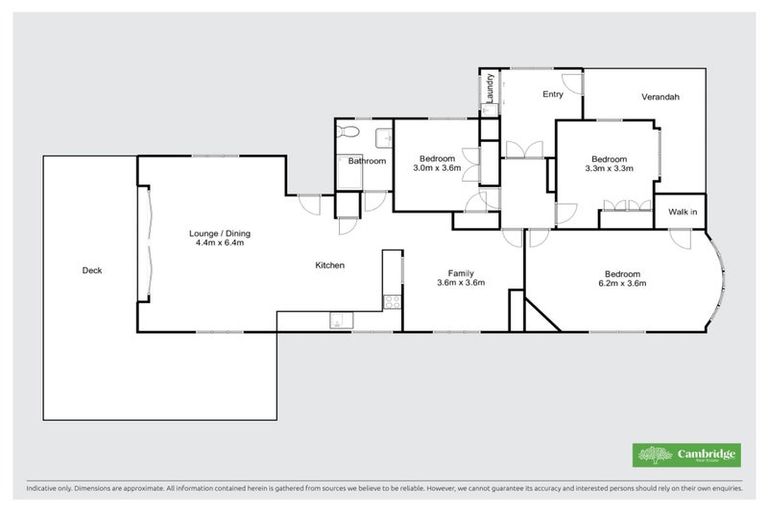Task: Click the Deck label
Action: tap(92, 270)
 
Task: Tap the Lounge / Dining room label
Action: tap(219, 234)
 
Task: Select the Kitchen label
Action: tap(330, 265)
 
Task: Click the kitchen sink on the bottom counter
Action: tap(338, 321)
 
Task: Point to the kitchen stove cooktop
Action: tap(391, 300)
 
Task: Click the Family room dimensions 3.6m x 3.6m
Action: tap(461, 282)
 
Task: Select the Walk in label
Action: tap(683, 212)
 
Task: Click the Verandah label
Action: tap(661, 97)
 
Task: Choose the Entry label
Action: tap(553, 95)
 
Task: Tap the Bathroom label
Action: tap(367, 160)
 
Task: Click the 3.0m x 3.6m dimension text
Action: tap(437, 168)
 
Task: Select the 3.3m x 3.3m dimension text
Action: tap(609, 168)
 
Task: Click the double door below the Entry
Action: tap(523, 149)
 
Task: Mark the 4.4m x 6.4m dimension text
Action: tap(219, 243)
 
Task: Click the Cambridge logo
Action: tap(686, 455)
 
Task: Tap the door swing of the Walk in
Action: tap(681, 239)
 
